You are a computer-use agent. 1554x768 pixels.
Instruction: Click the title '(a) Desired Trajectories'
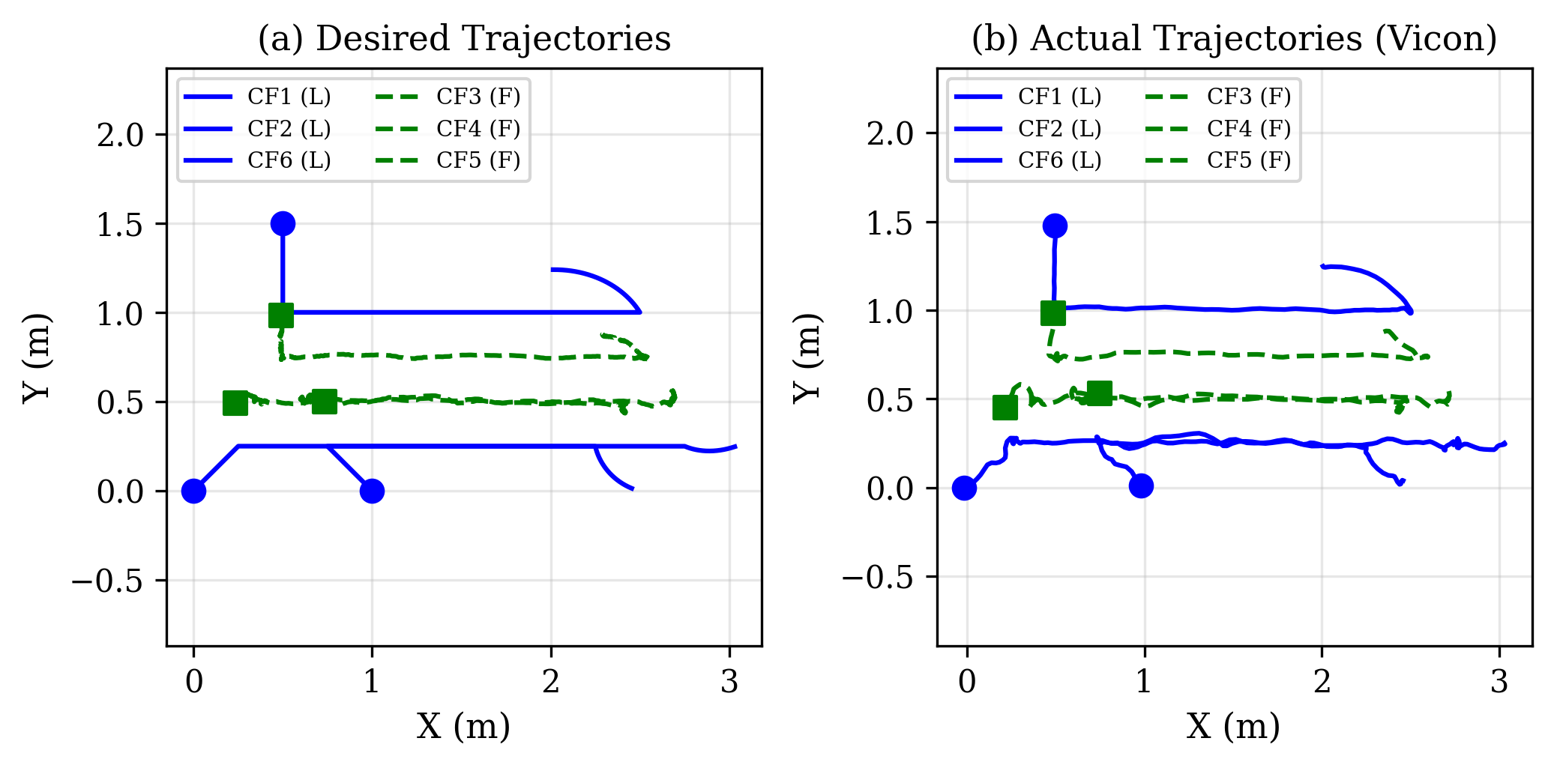[464, 39]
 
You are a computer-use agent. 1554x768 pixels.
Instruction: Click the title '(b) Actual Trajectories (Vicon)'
[1234, 39]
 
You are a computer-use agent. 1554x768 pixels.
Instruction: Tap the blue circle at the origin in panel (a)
[193, 491]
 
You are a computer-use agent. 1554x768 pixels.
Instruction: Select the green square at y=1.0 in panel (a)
[281, 315]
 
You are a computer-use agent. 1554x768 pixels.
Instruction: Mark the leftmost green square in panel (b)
[1005, 408]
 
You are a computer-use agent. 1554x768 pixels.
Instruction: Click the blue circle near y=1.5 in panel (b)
[1055, 226]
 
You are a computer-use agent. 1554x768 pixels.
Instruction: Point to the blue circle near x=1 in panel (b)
[1141, 486]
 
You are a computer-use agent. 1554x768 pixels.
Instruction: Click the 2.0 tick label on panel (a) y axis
[120, 136]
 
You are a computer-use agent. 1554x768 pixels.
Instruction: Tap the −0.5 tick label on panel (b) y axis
[877, 578]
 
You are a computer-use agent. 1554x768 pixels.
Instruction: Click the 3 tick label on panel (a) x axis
[729, 682]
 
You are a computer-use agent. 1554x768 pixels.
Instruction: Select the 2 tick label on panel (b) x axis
[1322, 682]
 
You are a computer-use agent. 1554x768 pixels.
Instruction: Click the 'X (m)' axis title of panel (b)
[1233, 726]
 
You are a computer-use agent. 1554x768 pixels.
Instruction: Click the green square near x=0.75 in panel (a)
[324, 401]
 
